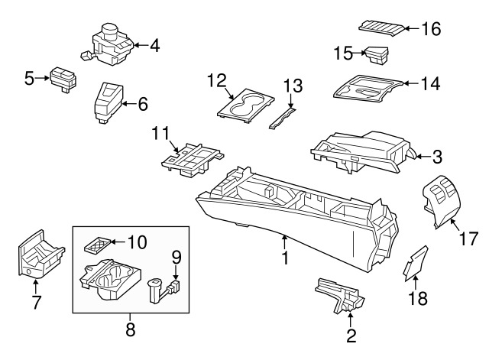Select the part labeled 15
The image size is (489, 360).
(376, 56)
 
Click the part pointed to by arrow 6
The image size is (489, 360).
(106, 103)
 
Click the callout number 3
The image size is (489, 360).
(437, 157)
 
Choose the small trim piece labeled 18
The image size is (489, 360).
(414, 264)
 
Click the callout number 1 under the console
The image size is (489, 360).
(284, 258)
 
